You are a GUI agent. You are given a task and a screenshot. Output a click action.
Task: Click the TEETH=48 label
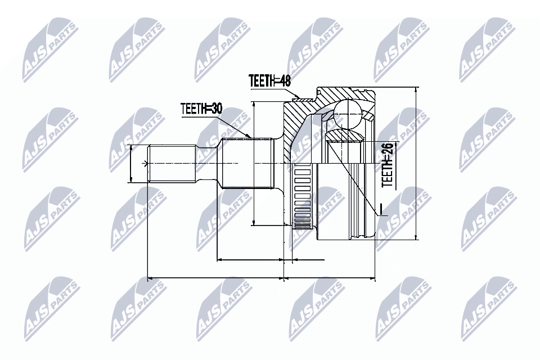pyautogui.click(x=270, y=81)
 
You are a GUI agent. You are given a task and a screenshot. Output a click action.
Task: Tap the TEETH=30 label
pyautogui.click(x=201, y=109)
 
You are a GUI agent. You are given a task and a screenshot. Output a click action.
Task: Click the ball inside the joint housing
pyautogui.click(x=348, y=114)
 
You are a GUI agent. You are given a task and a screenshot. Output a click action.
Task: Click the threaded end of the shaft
pyautogui.click(x=172, y=164)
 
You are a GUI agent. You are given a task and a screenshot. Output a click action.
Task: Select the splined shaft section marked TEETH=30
pyautogui.click(x=247, y=163)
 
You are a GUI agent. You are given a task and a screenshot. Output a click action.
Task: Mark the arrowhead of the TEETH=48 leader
pyautogui.click(x=304, y=100)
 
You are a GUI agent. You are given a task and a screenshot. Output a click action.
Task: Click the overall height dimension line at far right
pyautogui.click(x=415, y=163)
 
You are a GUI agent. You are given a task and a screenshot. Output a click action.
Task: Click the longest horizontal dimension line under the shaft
pyautogui.click(x=214, y=278)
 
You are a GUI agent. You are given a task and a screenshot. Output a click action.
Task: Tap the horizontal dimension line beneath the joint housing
pyautogui.click(x=330, y=278)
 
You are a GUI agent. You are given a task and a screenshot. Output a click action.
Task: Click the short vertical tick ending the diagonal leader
pyautogui.click(x=380, y=208)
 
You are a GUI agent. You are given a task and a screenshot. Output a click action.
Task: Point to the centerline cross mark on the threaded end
pyautogui.click(x=147, y=164)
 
